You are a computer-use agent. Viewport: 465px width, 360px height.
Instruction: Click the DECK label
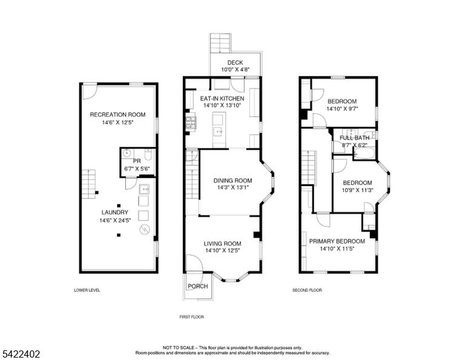coord(235,62)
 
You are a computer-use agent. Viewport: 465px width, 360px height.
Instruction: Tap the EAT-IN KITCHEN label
coord(222,99)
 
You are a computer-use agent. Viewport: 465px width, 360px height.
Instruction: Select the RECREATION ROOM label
coord(117,115)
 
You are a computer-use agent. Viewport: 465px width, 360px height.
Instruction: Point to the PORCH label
coord(198,287)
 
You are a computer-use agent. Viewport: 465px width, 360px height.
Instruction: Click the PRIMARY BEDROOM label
coord(337,241)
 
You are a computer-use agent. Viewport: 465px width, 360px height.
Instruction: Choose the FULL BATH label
coord(355,138)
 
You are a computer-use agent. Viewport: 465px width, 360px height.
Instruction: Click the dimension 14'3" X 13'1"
coord(232,187)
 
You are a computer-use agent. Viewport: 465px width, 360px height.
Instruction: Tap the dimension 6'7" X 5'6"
coord(137,169)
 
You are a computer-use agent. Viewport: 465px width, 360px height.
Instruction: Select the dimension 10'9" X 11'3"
coord(358,190)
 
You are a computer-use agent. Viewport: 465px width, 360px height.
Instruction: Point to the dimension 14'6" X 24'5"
coord(115,220)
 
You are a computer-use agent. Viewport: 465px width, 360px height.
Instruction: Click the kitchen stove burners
coord(191,122)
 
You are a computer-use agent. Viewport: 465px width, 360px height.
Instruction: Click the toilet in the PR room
coord(148,155)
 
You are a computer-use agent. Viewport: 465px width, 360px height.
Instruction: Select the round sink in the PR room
coord(127,153)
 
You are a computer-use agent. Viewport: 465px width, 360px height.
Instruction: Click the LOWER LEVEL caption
coord(87,290)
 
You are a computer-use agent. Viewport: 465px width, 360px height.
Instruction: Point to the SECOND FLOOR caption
coord(307,290)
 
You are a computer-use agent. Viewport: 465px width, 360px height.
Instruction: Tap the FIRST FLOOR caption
coord(191,317)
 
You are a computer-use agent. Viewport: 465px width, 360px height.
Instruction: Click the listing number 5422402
coord(21,354)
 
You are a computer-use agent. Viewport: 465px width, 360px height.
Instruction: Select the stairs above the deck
coord(220,43)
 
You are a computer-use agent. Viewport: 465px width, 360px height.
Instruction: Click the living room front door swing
coord(194,263)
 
